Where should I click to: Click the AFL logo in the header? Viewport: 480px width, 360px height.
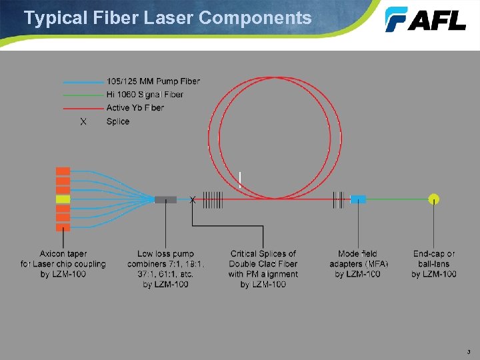tap(425, 19)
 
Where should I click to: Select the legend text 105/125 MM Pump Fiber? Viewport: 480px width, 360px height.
tap(153, 81)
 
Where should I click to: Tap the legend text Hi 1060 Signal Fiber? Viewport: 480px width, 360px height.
tap(145, 95)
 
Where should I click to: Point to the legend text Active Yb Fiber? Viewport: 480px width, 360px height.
tap(135, 108)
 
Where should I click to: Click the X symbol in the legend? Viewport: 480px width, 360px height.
tap(83, 122)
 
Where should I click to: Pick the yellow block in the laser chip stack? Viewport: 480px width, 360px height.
tap(63, 199)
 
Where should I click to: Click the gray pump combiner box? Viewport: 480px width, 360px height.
tap(165, 199)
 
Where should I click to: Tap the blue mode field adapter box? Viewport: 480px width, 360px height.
tap(359, 199)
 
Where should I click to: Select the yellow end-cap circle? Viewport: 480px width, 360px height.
tap(434, 198)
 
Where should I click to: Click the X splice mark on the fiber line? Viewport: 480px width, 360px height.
tap(193, 199)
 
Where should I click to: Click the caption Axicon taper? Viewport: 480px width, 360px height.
tap(63, 254)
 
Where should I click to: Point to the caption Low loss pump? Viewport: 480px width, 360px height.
tap(165, 254)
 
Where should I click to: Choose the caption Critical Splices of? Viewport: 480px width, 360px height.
tap(263, 254)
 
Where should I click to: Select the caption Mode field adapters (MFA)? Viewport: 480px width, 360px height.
tap(359, 259)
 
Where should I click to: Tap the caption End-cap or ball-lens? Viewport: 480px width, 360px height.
tap(434, 259)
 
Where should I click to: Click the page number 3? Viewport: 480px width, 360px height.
tap(469, 351)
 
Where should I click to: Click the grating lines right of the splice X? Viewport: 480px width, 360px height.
tap(213, 199)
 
